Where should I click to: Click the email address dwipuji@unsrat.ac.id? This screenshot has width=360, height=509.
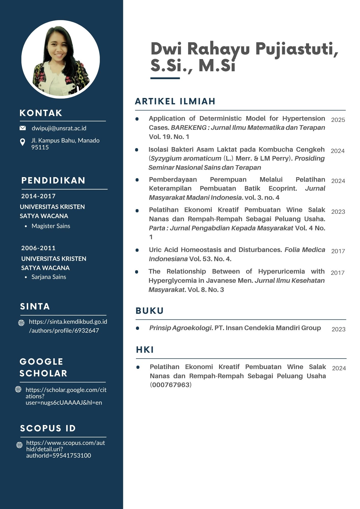59,128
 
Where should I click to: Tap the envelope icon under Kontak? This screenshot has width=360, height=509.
23,128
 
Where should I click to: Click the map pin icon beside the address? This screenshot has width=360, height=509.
23,142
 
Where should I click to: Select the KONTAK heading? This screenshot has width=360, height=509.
41,113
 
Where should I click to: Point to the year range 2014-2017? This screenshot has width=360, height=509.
38,196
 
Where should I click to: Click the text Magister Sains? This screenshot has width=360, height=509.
51,226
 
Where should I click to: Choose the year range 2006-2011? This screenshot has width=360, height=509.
38,248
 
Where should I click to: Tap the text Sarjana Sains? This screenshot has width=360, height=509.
49,277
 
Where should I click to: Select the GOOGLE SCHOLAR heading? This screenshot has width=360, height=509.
43,367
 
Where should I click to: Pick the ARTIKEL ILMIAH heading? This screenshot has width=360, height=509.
175,101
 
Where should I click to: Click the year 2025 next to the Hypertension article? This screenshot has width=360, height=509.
338,120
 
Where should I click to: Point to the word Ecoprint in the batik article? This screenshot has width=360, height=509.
283,189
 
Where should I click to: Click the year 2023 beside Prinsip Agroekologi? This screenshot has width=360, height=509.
338,329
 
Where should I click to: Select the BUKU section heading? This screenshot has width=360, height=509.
150,311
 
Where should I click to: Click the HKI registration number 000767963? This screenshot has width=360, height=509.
171,385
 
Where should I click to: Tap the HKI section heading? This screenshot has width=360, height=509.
145,350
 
